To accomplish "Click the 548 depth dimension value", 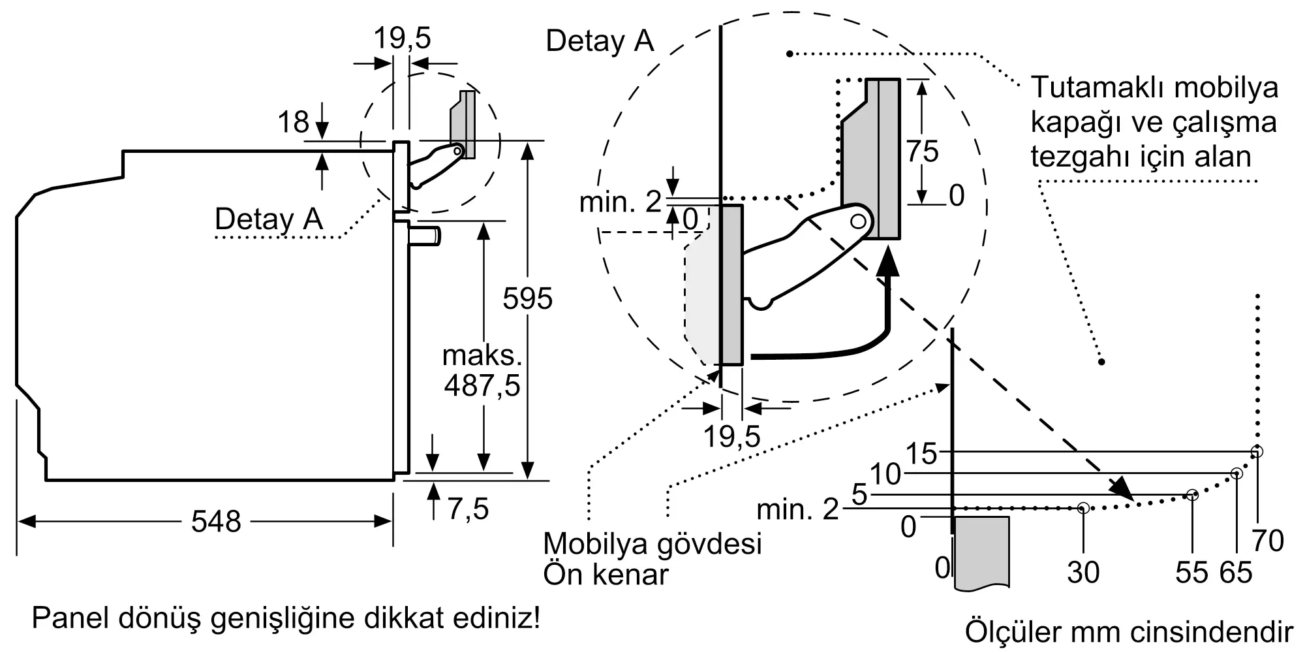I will [216, 522].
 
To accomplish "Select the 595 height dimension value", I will [527, 299].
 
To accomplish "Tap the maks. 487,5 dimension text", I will [482, 371].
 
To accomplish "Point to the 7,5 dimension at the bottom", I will [468, 509].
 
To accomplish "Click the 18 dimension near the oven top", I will [293, 122].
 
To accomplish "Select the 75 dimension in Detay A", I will [922, 151].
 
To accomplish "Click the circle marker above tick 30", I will [1083, 507].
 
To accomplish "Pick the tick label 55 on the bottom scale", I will [1192, 573].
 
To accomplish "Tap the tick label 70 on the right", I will [1268, 541].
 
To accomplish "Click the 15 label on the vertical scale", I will [921, 454].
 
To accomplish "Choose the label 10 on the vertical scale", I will [885, 475].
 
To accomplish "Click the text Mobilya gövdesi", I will [652, 543].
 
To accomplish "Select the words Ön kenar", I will [606, 575].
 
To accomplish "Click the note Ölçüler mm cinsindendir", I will [1129, 631].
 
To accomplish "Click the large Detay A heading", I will [599, 41].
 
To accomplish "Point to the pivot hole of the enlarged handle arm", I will [859, 221].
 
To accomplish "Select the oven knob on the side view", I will [425, 236].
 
